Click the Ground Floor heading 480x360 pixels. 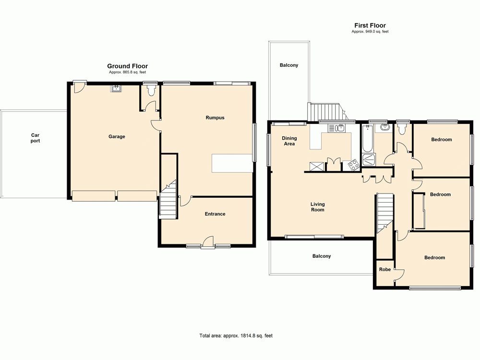tap(127, 66)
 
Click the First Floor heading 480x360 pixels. tap(370, 25)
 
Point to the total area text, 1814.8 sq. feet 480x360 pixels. tap(236, 336)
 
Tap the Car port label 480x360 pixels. tap(36, 138)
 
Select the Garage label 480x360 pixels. tap(117, 136)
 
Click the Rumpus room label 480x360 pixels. tap(215, 118)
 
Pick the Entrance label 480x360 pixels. tap(215, 214)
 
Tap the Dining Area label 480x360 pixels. tap(289, 141)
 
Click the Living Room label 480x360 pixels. tap(317, 207)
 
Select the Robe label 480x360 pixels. tap(385, 270)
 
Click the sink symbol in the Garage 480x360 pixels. tap(117, 88)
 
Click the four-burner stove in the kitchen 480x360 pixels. tap(353, 166)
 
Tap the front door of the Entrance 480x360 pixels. tap(208, 242)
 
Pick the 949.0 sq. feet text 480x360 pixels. tap(370, 32)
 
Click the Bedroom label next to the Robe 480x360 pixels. tap(434, 258)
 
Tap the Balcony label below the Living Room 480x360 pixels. tap(322, 256)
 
